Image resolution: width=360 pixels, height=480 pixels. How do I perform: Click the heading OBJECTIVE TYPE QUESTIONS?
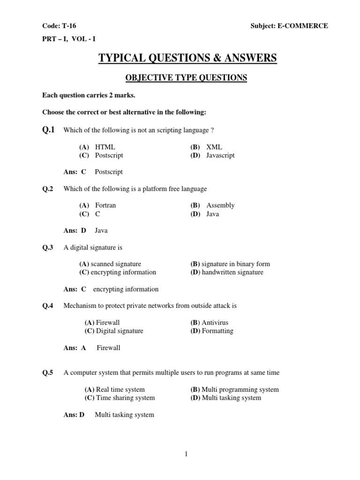pyautogui.click(x=180, y=77)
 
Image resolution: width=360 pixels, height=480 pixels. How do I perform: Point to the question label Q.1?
pyautogui.click(x=48, y=129)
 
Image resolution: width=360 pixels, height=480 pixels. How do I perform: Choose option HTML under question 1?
pyautogui.click(x=105, y=147)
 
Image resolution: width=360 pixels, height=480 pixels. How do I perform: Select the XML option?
pyautogui.click(x=214, y=147)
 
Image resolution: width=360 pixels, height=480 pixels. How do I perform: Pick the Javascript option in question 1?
pyautogui.click(x=220, y=155)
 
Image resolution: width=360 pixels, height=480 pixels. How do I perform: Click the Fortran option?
pyautogui.click(x=105, y=205)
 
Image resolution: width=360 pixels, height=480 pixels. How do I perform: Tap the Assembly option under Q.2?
pyautogui.click(x=220, y=205)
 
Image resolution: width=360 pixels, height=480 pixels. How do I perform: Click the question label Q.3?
pyautogui.click(x=48, y=247)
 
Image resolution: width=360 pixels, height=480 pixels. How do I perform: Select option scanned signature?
pyautogui.click(x=116, y=264)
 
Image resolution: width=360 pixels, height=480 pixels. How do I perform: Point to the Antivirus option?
pyautogui.click(x=215, y=322)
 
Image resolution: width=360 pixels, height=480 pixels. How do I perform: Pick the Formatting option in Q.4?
pyautogui.click(x=217, y=331)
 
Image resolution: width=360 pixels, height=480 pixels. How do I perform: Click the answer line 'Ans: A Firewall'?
pyautogui.click(x=92, y=348)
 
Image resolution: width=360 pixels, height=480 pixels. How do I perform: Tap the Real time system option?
pyautogui.click(x=120, y=390)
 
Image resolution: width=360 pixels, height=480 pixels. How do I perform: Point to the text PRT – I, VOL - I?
pyautogui.click(x=70, y=40)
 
